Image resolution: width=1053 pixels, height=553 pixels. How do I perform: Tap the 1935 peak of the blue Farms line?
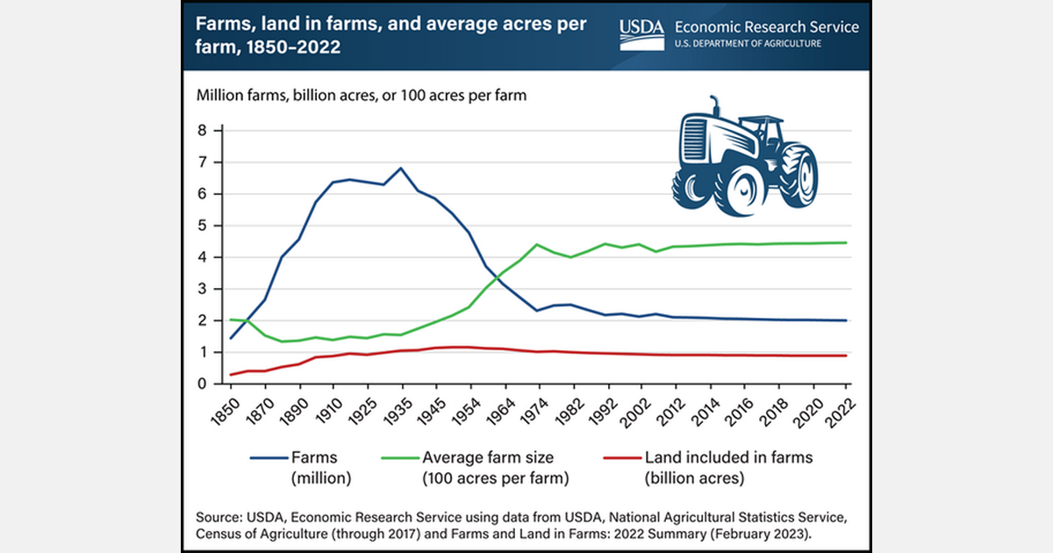click(401, 168)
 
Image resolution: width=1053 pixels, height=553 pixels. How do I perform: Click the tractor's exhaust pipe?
click(715, 106)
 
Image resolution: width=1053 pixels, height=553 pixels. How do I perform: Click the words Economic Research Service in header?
click(767, 26)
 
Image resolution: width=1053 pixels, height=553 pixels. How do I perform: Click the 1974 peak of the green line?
click(538, 244)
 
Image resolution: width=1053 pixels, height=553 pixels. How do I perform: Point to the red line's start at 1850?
click(232, 375)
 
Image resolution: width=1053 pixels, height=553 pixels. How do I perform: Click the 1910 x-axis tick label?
click(330, 410)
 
